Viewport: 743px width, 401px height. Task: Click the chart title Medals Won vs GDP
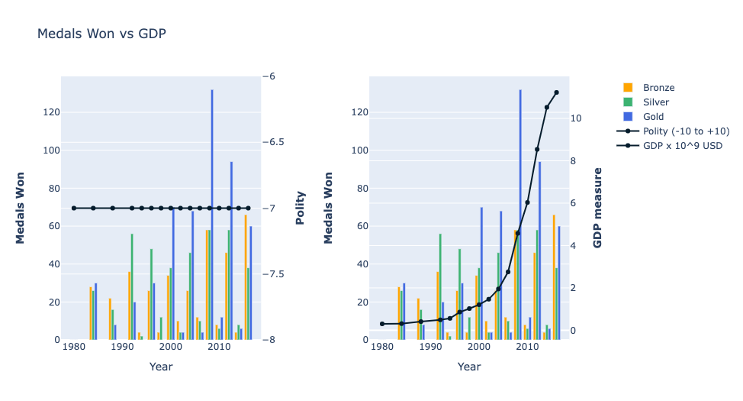(x=101, y=34)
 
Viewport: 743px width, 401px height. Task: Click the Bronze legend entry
(x=658, y=88)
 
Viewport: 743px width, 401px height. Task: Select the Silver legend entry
(x=656, y=102)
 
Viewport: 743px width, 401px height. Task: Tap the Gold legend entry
(x=654, y=117)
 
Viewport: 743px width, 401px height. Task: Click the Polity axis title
(x=300, y=208)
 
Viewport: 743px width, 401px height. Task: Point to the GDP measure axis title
(x=597, y=208)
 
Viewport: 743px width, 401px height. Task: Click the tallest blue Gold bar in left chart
(x=212, y=214)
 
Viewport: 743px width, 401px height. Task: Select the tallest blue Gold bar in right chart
(x=520, y=214)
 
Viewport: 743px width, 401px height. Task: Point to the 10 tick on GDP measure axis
(x=576, y=118)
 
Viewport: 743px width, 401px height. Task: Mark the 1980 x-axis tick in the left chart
(x=74, y=348)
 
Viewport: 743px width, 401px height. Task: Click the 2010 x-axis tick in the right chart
(x=527, y=348)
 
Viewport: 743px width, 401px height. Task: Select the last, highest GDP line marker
(x=556, y=92)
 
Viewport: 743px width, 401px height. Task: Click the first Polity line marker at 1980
(x=74, y=208)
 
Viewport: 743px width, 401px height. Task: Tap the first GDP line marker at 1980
(x=382, y=324)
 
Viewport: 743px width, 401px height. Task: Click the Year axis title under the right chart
(x=469, y=367)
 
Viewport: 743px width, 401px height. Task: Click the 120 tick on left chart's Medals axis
(x=50, y=112)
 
